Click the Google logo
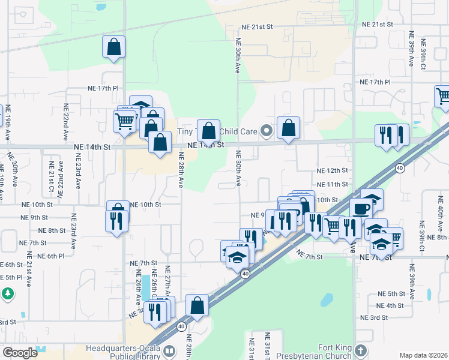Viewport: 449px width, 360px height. [x=20, y=353]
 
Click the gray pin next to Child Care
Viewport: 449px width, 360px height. [x=268, y=130]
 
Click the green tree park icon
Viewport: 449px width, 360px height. [x=8, y=294]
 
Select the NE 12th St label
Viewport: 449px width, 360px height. [x=332, y=171]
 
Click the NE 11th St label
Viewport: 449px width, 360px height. [x=332, y=184]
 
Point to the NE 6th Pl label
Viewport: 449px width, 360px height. [x=50, y=256]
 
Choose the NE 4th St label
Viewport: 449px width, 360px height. [x=391, y=305]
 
